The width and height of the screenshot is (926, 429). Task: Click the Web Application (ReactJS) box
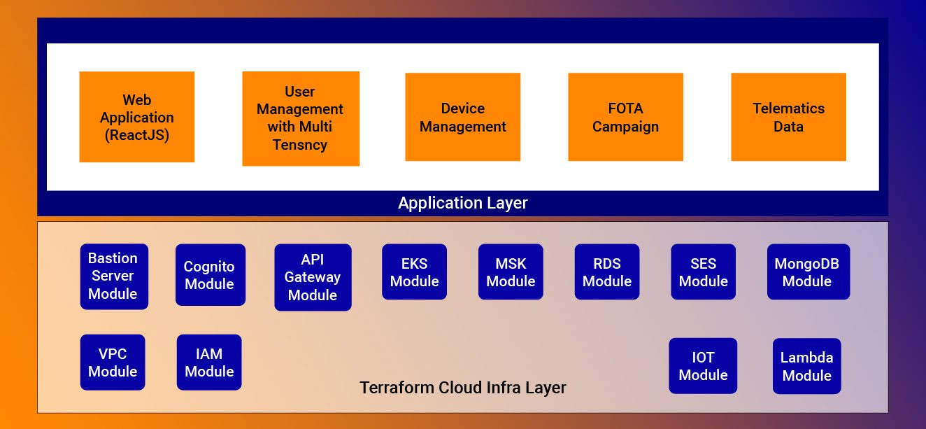coord(137,117)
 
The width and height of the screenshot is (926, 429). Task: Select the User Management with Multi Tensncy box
coord(301,119)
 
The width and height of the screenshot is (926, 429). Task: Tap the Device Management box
coord(462,117)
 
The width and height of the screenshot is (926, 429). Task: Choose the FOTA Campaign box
coord(625,117)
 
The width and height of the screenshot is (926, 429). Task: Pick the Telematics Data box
coord(788,117)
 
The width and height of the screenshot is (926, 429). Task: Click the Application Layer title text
coord(462,203)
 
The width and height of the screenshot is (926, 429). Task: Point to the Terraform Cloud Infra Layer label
coord(462,388)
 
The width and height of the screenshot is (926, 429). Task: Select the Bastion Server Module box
coord(114,276)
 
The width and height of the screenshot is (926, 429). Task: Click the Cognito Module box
coord(211,275)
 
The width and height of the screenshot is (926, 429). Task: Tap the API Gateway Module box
coord(313,277)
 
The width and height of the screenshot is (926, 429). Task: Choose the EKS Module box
coord(414,272)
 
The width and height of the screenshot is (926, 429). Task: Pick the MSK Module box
coord(511,272)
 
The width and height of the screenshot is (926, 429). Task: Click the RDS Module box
coord(607,272)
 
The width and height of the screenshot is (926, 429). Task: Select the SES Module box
coord(703,272)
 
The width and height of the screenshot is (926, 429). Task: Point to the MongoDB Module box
coord(809,272)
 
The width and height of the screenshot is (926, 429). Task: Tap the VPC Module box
coord(113,363)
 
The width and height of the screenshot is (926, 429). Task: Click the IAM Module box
coord(209,363)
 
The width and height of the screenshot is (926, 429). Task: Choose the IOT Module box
coord(703,366)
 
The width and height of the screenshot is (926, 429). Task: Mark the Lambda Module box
coord(807,366)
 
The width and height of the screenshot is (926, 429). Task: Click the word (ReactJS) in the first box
coord(137,135)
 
